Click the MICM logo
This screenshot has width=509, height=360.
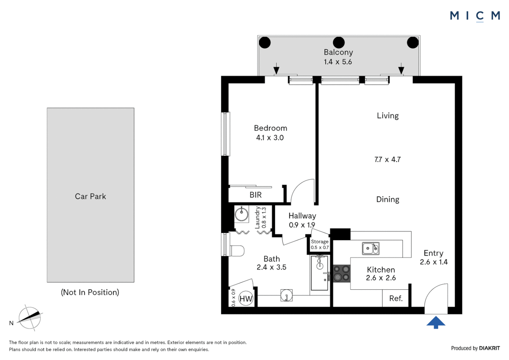pos(475,16)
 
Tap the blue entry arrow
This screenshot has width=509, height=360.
pos(435,322)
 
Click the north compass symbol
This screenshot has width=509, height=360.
pos(29,318)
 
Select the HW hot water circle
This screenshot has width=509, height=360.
pos(246,298)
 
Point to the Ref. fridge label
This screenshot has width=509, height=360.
pos(396,298)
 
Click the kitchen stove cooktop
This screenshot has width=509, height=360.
pos(342,274)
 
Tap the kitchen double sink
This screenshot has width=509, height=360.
pos(371,248)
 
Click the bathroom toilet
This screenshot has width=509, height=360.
pos(237,251)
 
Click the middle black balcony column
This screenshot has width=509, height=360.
pos(338,43)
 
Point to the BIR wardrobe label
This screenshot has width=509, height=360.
pos(255,195)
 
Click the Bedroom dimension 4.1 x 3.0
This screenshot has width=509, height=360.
pos(270,138)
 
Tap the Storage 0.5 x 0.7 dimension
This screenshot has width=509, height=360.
pos(320,247)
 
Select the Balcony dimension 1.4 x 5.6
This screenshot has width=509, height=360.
pos(338,62)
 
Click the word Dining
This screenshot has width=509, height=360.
pos(388,199)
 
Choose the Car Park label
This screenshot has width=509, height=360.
pos(90,196)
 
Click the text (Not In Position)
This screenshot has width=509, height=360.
pos(90,292)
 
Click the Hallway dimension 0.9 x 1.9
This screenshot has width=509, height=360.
pos(302,225)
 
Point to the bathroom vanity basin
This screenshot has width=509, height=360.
pos(286,295)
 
